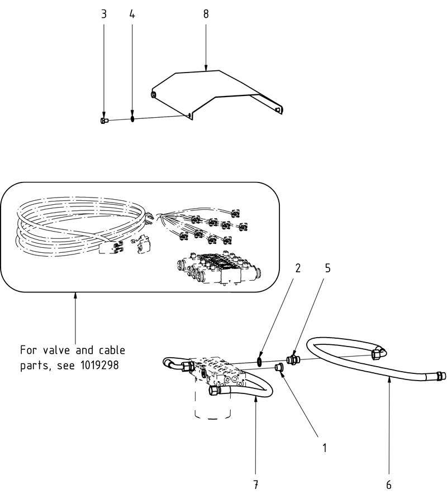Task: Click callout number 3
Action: pyautogui.click(x=103, y=14)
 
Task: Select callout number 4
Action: pyautogui.click(x=132, y=14)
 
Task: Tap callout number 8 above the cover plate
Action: pyautogui.click(x=206, y=14)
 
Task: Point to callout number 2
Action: pyautogui.click(x=298, y=268)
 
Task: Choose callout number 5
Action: pyautogui.click(x=327, y=268)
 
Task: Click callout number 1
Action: pyautogui.click(x=323, y=447)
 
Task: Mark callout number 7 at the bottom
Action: pyautogui.click(x=255, y=483)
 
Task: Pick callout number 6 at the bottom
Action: pyautogui.click(x=388, y=484)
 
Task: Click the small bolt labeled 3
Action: pyautogui.click(x=103, y=120)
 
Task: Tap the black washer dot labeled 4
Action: pyautogui.click(x=132, y=119)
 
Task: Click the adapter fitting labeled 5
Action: pyautogui.click(x=291, y=359)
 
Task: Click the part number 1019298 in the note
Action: pyautogui.click(x=103, y=366)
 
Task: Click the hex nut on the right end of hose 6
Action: pyautogui.click(x=441, y=376)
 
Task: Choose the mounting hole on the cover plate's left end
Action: pyautogui.click(x=154, y=94)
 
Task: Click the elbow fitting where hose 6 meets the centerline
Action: pyautogui.click(x=377, y=352)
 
